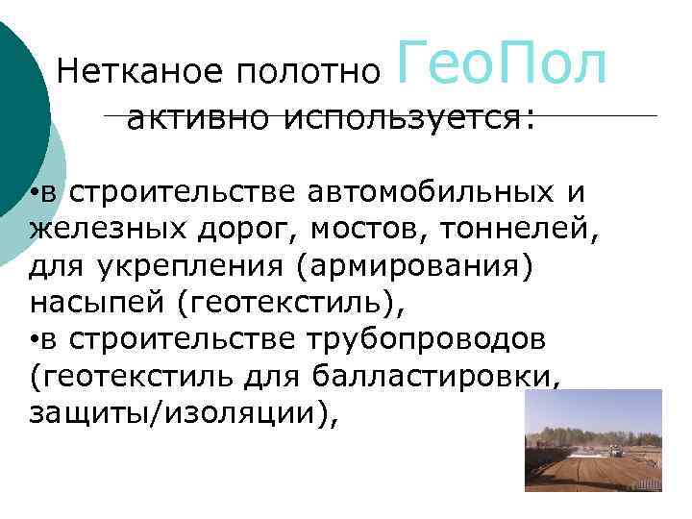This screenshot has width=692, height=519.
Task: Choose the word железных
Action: click(x=102, y=230)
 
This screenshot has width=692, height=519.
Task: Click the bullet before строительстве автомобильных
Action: click(x=33, y=194)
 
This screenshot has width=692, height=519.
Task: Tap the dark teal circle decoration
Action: click(x=19, y=106)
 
